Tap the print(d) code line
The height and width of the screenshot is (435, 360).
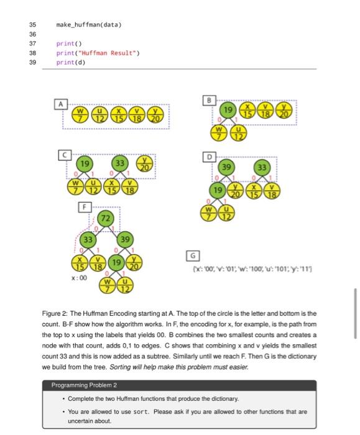tap(71, 62)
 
